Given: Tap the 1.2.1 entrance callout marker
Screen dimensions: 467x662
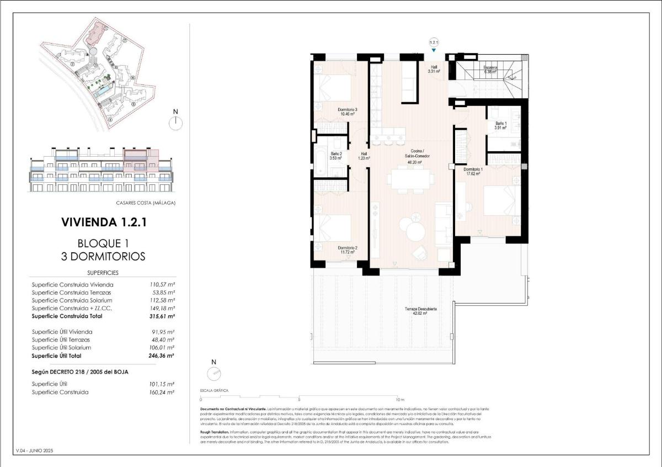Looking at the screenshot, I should (x=434, y=42).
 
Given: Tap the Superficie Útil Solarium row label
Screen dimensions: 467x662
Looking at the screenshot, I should (x=61, y=348).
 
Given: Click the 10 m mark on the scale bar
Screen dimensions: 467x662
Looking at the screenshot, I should (x=400, y=399).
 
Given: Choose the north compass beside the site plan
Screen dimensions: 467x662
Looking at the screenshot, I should (x=176, y=123).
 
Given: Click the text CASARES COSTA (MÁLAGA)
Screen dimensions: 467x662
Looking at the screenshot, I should (x=146, y=203).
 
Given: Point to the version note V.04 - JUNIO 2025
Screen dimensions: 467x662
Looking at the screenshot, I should (x=35, y=451).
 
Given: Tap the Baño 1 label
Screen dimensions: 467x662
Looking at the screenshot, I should (x=501, y=125).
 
